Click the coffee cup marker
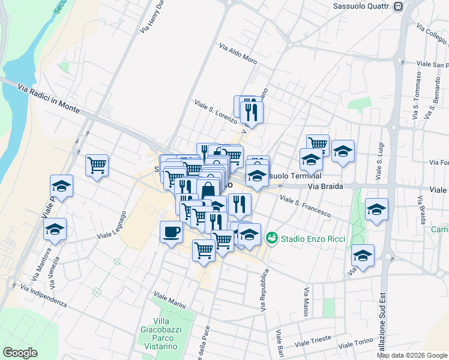click(172, 232)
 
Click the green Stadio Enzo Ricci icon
click(273, 239)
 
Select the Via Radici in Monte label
click(49, 97)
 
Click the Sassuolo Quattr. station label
click(361, 7)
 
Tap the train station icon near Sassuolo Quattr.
click(399, 7)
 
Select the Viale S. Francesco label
click(306, 206)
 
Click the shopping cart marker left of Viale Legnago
click(97, 165)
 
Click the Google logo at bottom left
click(20, 353)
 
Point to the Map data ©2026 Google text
click(412, 355)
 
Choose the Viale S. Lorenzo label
click(215, 110)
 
